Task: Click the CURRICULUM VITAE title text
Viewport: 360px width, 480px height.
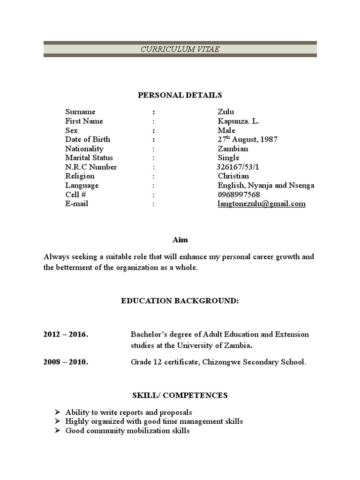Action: pyautogui.click(x=180, y=49)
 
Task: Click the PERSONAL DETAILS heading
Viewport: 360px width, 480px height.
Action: pyautogui.click(x=180, y=95)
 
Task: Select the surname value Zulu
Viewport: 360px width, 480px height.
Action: pyautogui.click(x=226, y=112)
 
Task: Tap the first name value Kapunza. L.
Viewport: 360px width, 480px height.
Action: pyautogui.click(x=238, y=121)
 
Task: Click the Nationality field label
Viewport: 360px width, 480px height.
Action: pyautogui.click(x=84, y=149)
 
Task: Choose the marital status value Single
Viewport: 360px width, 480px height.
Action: pyautogui.click(x=229, y=157)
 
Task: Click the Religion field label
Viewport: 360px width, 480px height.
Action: pyautogui.click(x=80, y=176)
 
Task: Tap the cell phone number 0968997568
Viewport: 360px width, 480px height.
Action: pyautogui.click(x=239, y=195)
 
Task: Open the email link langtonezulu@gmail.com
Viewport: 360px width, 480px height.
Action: pyautogui.click(x=262, y=204)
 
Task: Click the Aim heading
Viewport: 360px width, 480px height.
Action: pyautogui.click(x=180, y=240)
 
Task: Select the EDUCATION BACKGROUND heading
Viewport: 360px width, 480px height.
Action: pyautogui.click(x=180, y=300)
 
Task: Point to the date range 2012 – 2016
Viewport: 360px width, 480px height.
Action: pyautogui.click(x=66, y=334)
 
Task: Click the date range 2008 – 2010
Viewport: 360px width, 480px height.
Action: pyautogui.click(x=66, y=362)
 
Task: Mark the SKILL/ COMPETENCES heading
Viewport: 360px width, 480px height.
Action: pyautogui.click(x=180, y=395)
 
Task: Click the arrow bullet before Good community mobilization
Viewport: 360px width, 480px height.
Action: pyautogui.click(x=57, y=430)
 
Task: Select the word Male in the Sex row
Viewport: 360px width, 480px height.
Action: pyautogui.click(x=226, y=130)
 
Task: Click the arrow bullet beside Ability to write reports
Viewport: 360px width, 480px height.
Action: pyautogui.click(x=57, y=412)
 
